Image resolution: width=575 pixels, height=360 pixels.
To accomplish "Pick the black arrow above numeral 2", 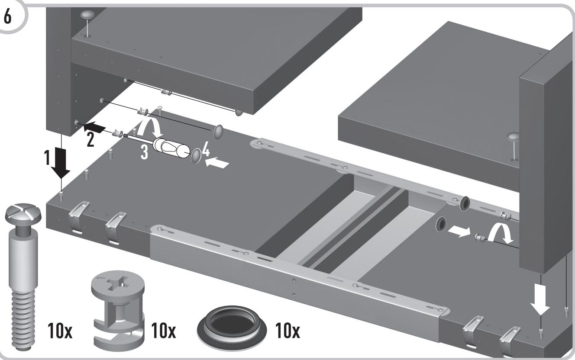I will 94,127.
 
